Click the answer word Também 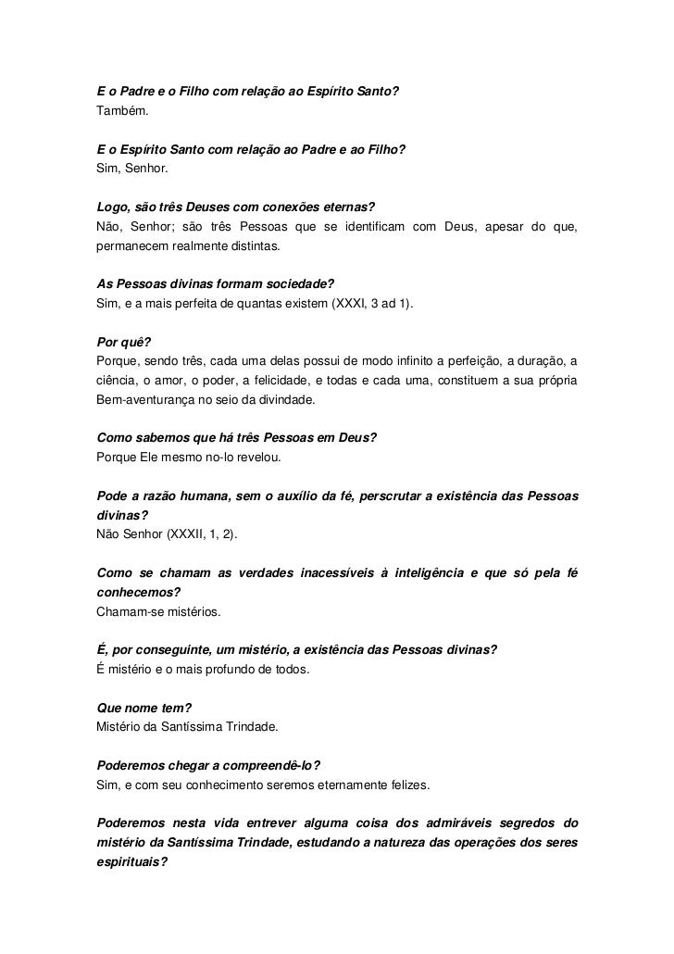point(121,111)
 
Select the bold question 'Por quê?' point(120,342)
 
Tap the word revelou point(268,458)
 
